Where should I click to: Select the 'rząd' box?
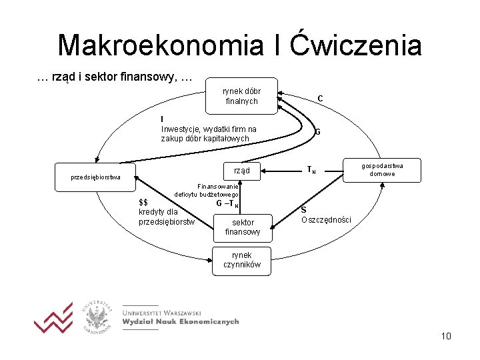(241, 171)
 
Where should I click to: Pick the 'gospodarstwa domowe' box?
(382, 169)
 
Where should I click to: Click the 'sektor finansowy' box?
(243, 227)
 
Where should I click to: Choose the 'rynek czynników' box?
(242, 260)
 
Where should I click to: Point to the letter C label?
(321, 99)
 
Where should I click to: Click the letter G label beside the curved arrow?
(317, 132)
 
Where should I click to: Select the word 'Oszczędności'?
(326, 220)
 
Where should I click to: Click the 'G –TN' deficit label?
(227, 204)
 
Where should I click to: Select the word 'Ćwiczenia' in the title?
(357, 45)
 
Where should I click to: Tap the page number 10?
(446, 336)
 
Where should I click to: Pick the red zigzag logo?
(53, 319)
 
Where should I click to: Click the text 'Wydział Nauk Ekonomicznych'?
(180, 321)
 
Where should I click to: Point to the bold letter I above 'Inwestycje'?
(163, 119)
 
